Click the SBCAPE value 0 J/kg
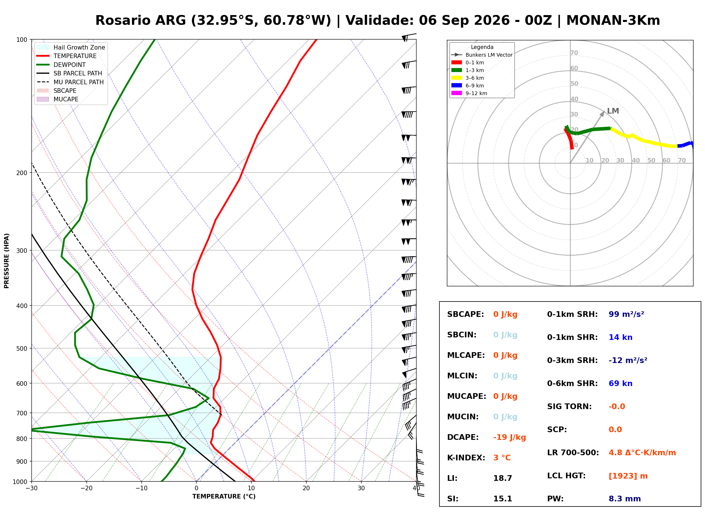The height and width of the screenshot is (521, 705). coord(505,314)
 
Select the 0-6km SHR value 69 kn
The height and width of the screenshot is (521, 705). coord(620,383)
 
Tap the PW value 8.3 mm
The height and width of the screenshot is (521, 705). coord(625,499)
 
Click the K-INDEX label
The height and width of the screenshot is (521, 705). coord(466,458)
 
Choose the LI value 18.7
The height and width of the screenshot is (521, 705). coord(502,478)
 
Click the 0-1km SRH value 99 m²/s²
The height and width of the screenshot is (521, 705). coord(626,314)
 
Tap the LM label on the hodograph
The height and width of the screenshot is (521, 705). coord(613,111)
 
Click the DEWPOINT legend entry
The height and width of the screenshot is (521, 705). coord(61,65)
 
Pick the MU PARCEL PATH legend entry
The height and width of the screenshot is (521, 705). coord(70,82)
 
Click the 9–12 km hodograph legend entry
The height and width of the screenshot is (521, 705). coord(469,93)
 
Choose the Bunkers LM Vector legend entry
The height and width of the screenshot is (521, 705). coord(482,55)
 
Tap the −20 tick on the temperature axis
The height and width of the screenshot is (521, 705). coord(86,488)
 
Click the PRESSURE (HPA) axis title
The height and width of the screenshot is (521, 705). coord(7,261)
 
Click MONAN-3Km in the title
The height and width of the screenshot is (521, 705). coord(613,20)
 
